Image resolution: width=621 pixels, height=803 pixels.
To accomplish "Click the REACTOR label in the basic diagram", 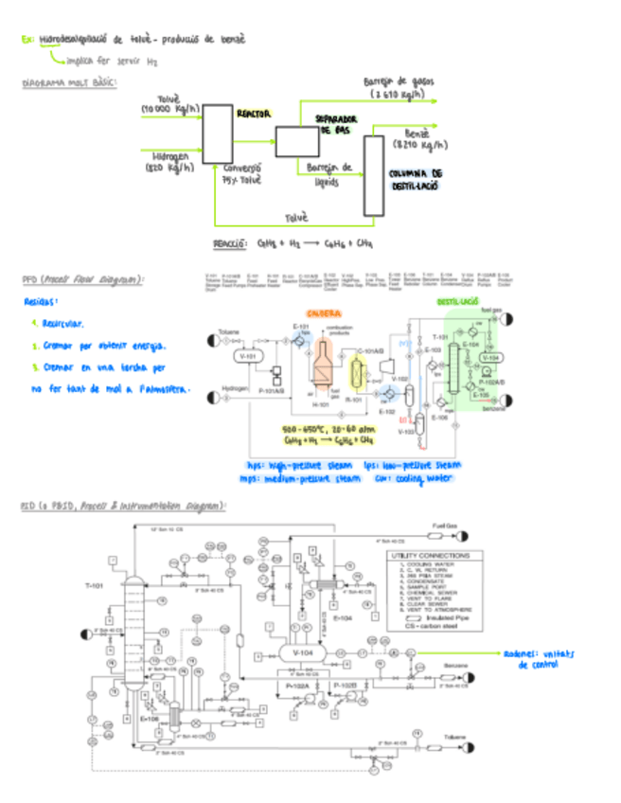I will click(x=254, y=113).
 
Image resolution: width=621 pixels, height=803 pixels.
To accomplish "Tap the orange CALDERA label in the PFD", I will click(x=324, y=313).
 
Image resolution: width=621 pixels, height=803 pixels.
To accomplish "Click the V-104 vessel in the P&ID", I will click(x=303, y=652).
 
